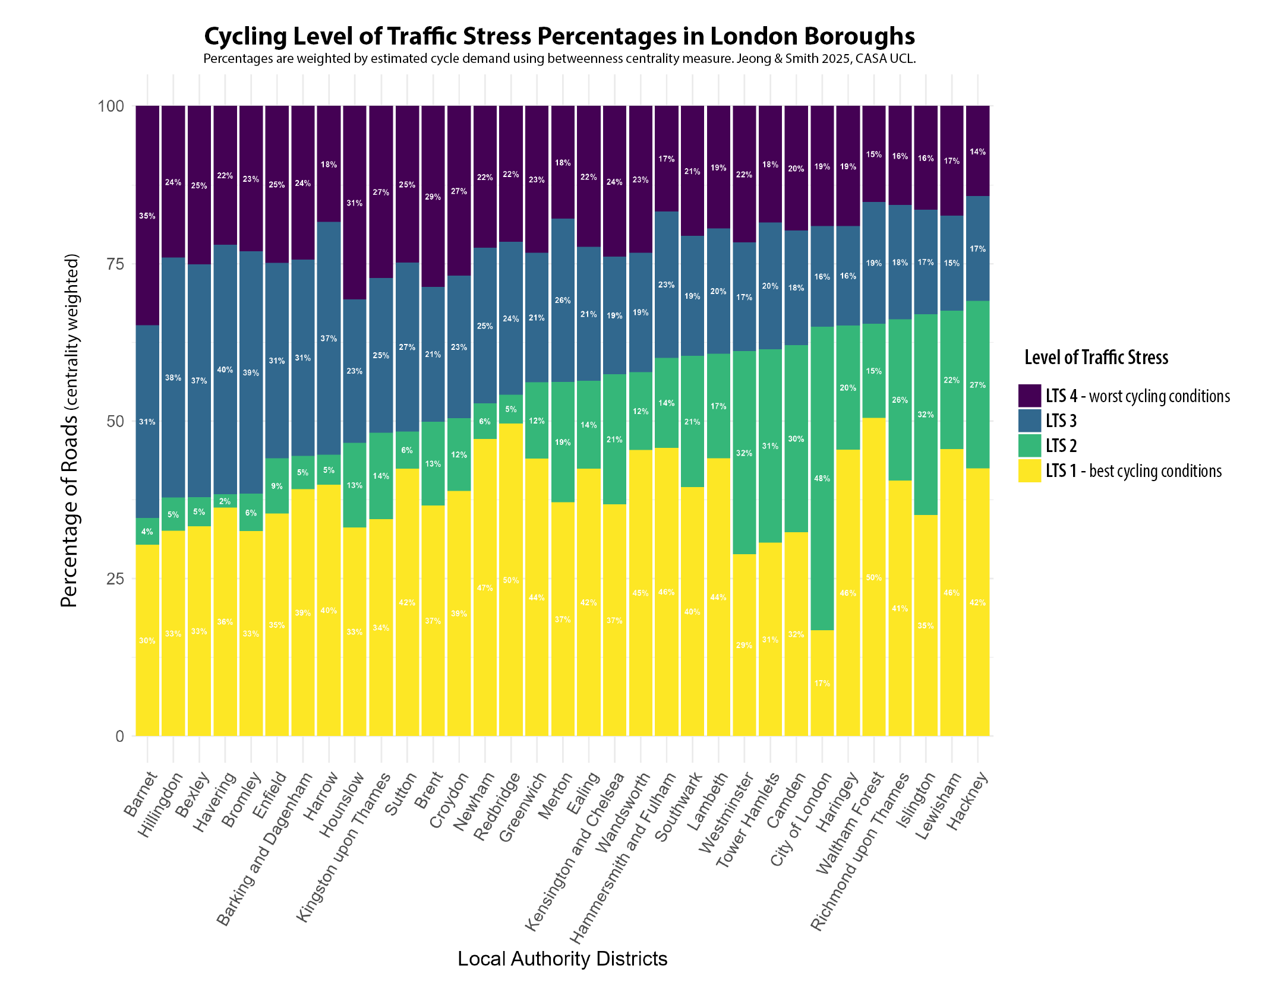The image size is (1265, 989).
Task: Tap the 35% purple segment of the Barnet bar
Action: (147, 216)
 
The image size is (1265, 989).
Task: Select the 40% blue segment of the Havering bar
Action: (225, 369)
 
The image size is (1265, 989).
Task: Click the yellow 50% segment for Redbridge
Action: (511, 580)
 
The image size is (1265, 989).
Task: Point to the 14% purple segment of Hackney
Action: (977, 151)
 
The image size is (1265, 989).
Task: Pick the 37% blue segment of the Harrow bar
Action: (329, 339)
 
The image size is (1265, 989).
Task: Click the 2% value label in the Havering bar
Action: (225, 501)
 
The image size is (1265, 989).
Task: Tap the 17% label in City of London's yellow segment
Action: (822, 683)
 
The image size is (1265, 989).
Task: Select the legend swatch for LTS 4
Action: (1029, 396)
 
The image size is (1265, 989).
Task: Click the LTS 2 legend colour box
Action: (1029, 445)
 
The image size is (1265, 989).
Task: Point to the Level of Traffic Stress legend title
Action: (1096, 358)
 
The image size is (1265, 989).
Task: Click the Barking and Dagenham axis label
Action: (265, 849)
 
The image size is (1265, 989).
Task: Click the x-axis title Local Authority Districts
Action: (562, 959)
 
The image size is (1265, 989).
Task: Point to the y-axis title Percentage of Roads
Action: (70, 430)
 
